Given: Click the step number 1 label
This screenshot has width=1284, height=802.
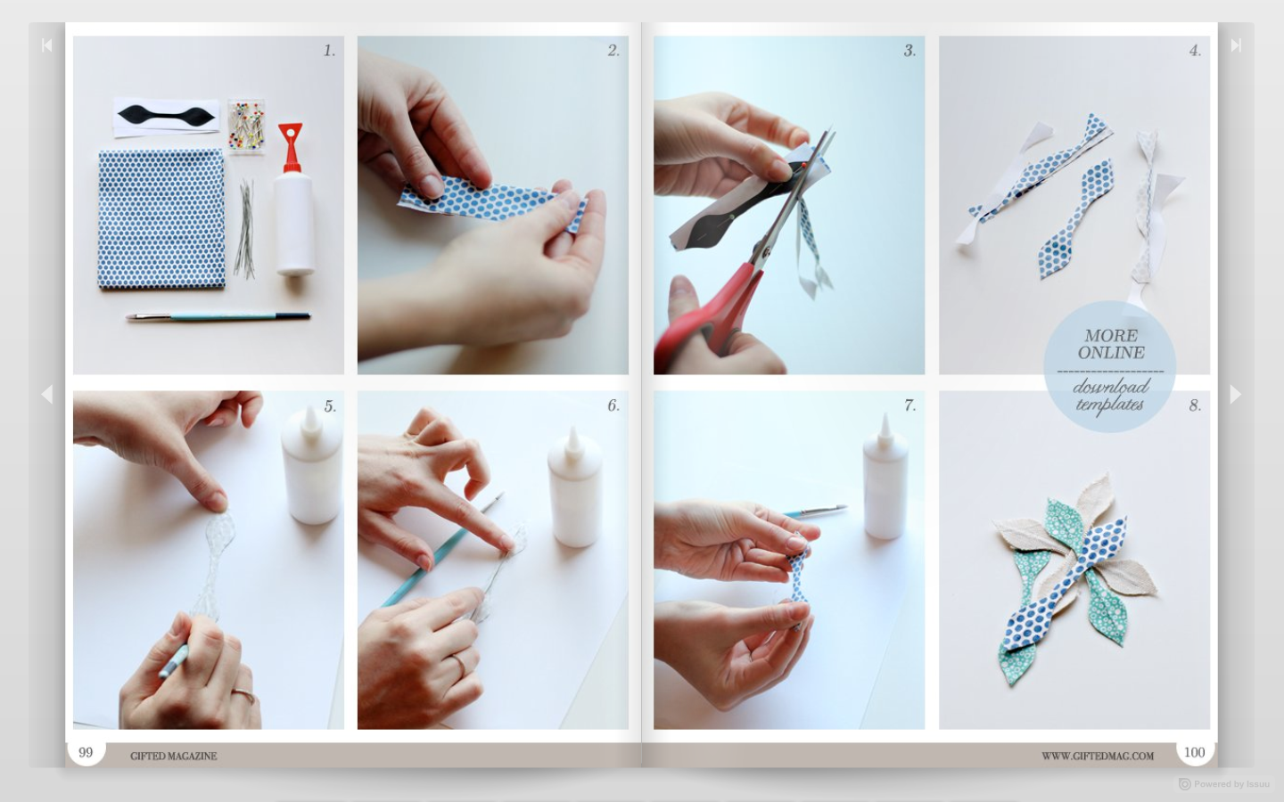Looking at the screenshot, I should coord(329,51).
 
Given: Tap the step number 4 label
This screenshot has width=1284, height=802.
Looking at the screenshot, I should coord(1195,51).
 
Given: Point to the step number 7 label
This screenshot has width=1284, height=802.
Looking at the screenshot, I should coord(909,405).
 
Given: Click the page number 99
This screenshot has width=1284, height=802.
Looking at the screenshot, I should coord(86,753).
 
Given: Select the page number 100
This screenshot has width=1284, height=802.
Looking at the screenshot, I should coord(1194,753).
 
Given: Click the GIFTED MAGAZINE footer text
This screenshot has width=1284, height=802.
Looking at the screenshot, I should coord(174,756).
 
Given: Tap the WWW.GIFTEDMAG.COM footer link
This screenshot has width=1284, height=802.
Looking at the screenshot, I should coord(1098,756).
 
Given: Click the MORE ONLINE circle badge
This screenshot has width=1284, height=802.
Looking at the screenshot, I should coord(1110,367).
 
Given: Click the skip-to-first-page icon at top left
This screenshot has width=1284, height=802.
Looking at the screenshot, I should coord(46,45).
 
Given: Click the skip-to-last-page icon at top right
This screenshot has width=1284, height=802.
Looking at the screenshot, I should coord(1236,45).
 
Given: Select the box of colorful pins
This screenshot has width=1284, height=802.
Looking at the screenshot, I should coord(245,127).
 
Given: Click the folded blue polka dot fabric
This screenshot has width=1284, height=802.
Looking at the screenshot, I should coord(160,218).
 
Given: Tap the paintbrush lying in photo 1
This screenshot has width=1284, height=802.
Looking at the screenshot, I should coord(218,316).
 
